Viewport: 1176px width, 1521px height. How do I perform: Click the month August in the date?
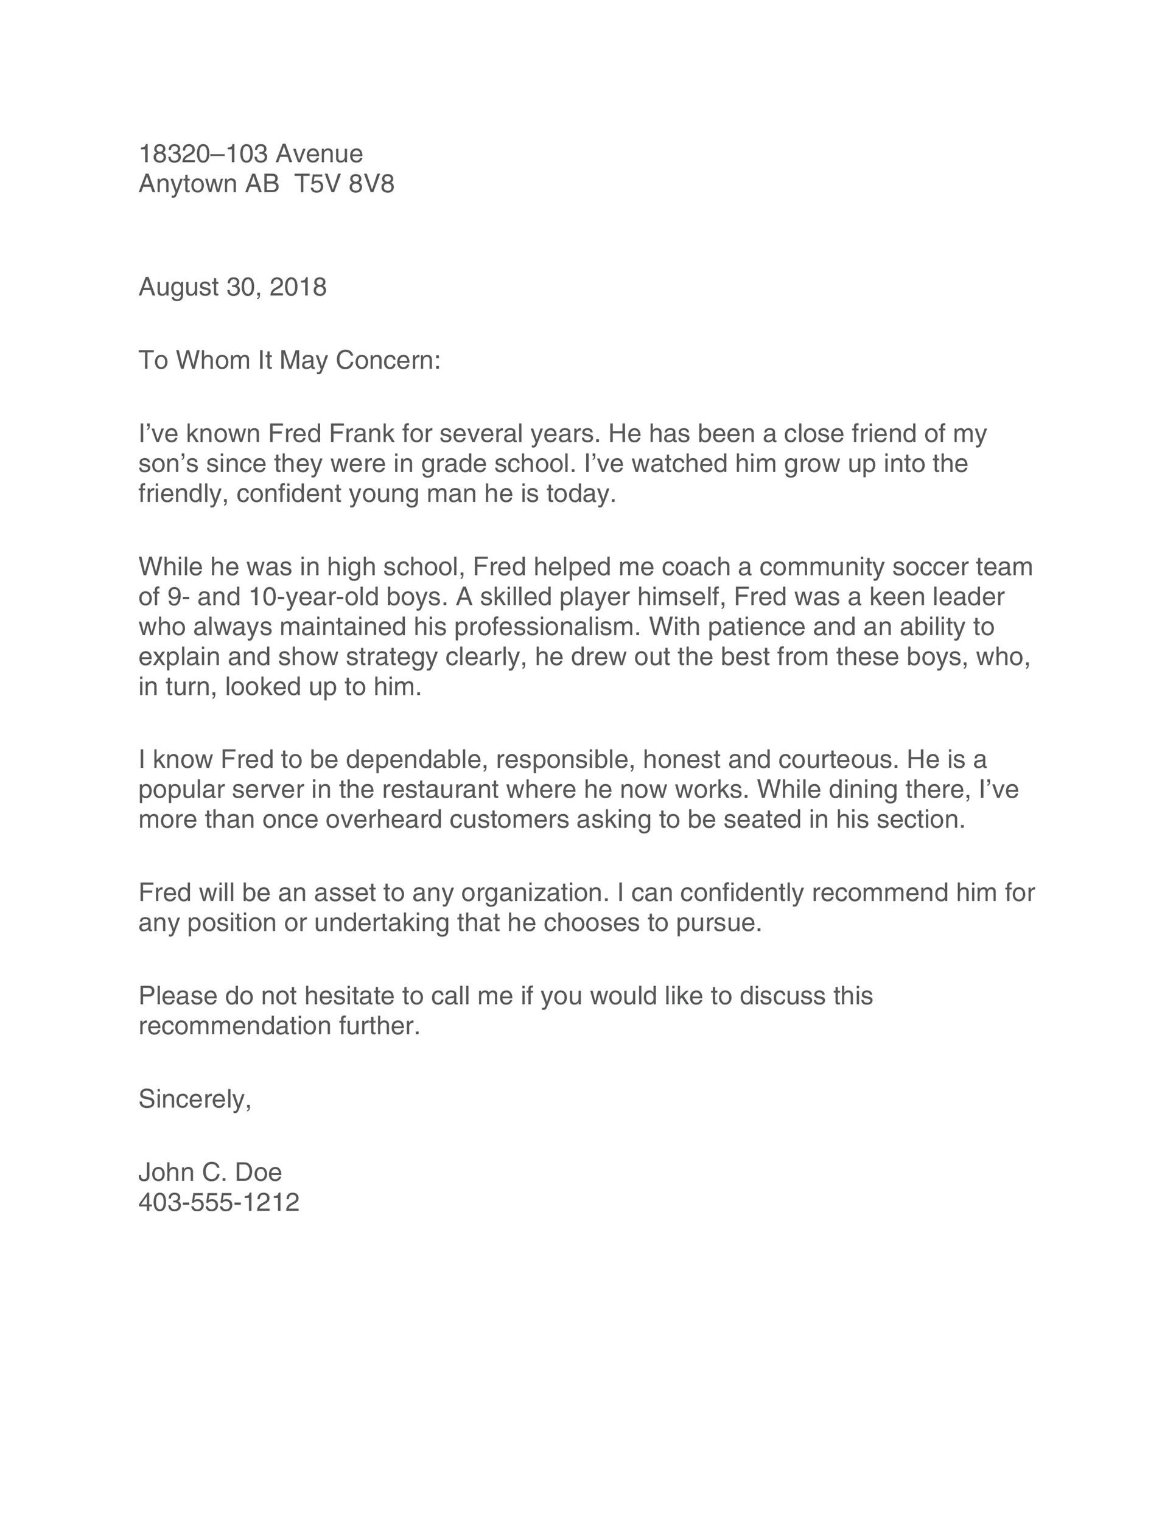coord(178,288)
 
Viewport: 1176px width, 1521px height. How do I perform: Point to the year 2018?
coord(298,287)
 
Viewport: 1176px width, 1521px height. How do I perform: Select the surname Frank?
coord(361,434)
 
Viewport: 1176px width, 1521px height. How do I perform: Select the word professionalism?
coord(547,627)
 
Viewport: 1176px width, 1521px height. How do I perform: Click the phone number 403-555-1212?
coord(219,1202)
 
